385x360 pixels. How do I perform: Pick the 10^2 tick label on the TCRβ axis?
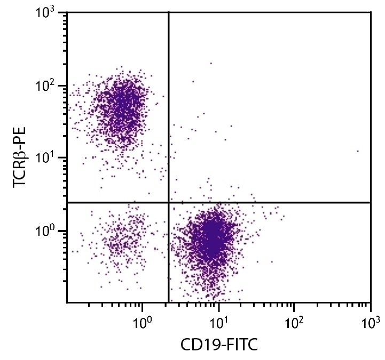(x=50, y=87)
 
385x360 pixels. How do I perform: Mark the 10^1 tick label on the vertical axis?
(x=50, y=159)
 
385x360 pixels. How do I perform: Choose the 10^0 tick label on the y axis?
(x=50, y=232)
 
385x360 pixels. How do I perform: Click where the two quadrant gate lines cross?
(x=169, y=202)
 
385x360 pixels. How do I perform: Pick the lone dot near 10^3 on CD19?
(x=358, y=151)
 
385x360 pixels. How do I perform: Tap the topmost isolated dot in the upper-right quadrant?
(x=211, y=63)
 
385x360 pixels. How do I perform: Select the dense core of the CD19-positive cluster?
(x=213, y=238)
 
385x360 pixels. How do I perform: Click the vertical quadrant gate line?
(x=169, y=107)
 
